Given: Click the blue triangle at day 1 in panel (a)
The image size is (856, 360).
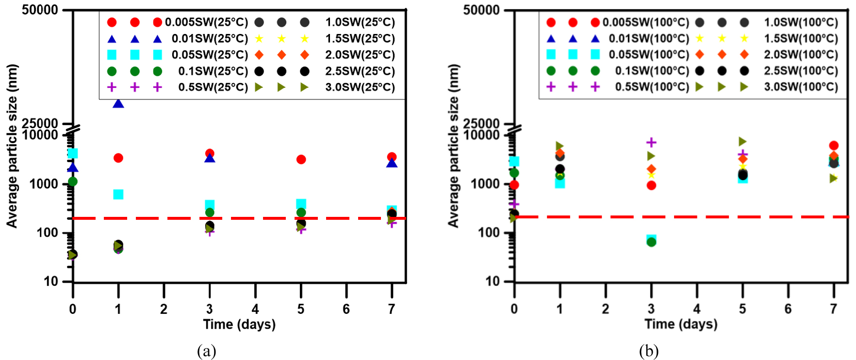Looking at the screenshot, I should (118, 103).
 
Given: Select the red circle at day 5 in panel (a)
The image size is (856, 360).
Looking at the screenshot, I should (301, 159).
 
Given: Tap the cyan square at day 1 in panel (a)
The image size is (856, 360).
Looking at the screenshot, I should (118, 194).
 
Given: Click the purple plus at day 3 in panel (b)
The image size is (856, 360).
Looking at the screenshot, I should (651, 142).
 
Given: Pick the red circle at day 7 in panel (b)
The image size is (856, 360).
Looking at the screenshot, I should (834, 146).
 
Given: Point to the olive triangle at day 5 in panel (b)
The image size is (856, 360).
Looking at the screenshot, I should (742, 142).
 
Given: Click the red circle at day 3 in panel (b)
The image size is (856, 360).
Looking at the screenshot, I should (651, 185).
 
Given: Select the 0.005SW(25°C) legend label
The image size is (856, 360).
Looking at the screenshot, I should (206, 22).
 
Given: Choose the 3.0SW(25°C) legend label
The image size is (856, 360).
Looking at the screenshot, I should (360, 87).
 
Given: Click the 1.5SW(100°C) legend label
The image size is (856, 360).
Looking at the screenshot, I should (801, 38).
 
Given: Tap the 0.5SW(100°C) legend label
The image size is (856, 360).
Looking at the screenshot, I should (652, 87).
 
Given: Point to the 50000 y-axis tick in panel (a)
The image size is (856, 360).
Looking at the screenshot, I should (40, 10).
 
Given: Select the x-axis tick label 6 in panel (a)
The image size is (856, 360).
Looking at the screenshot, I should (346, 309).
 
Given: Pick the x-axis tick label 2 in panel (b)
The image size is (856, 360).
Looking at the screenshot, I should (605, 309).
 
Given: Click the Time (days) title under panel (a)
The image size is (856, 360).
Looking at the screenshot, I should (239, 325).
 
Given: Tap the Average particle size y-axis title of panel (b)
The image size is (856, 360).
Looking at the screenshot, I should (453, 146).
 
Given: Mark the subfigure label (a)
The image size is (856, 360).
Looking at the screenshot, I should (207, 350).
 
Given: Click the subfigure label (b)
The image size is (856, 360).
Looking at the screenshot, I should (649, 350).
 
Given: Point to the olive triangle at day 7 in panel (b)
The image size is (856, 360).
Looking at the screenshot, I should (834, 178).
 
